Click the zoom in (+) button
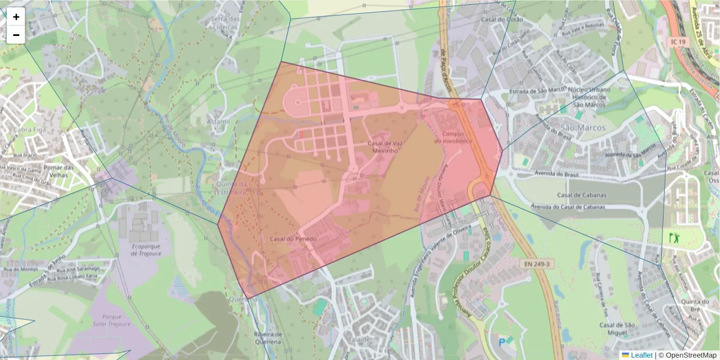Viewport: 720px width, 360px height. [x=16, y=17]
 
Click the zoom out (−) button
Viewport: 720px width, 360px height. [x=16, y=35]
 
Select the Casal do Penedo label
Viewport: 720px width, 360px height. [x=293, y=239]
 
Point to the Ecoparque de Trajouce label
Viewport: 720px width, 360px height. [x=143, y=250]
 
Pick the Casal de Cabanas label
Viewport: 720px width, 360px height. [x=581, y=195]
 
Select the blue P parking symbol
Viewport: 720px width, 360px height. [x=502, y=343]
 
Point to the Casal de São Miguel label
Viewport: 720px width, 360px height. [x=617, y=329]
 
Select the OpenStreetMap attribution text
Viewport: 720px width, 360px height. [x=687, y=355]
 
